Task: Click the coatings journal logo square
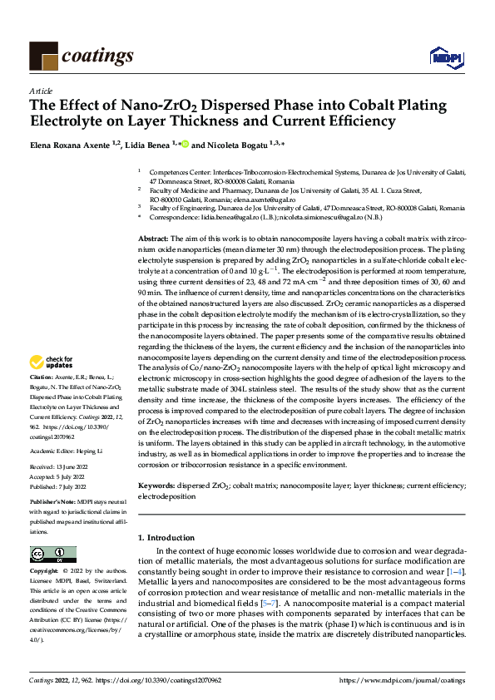pyautogui.click(x=43, y=56)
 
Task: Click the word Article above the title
pyautogui.click(x=41, y=91)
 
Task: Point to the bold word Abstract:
pyautogui.click(x=153, y=239)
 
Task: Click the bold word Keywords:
pyautogui.click(x=156, y=485)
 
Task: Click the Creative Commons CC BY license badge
pyautogui.click(x=52, y=553)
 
